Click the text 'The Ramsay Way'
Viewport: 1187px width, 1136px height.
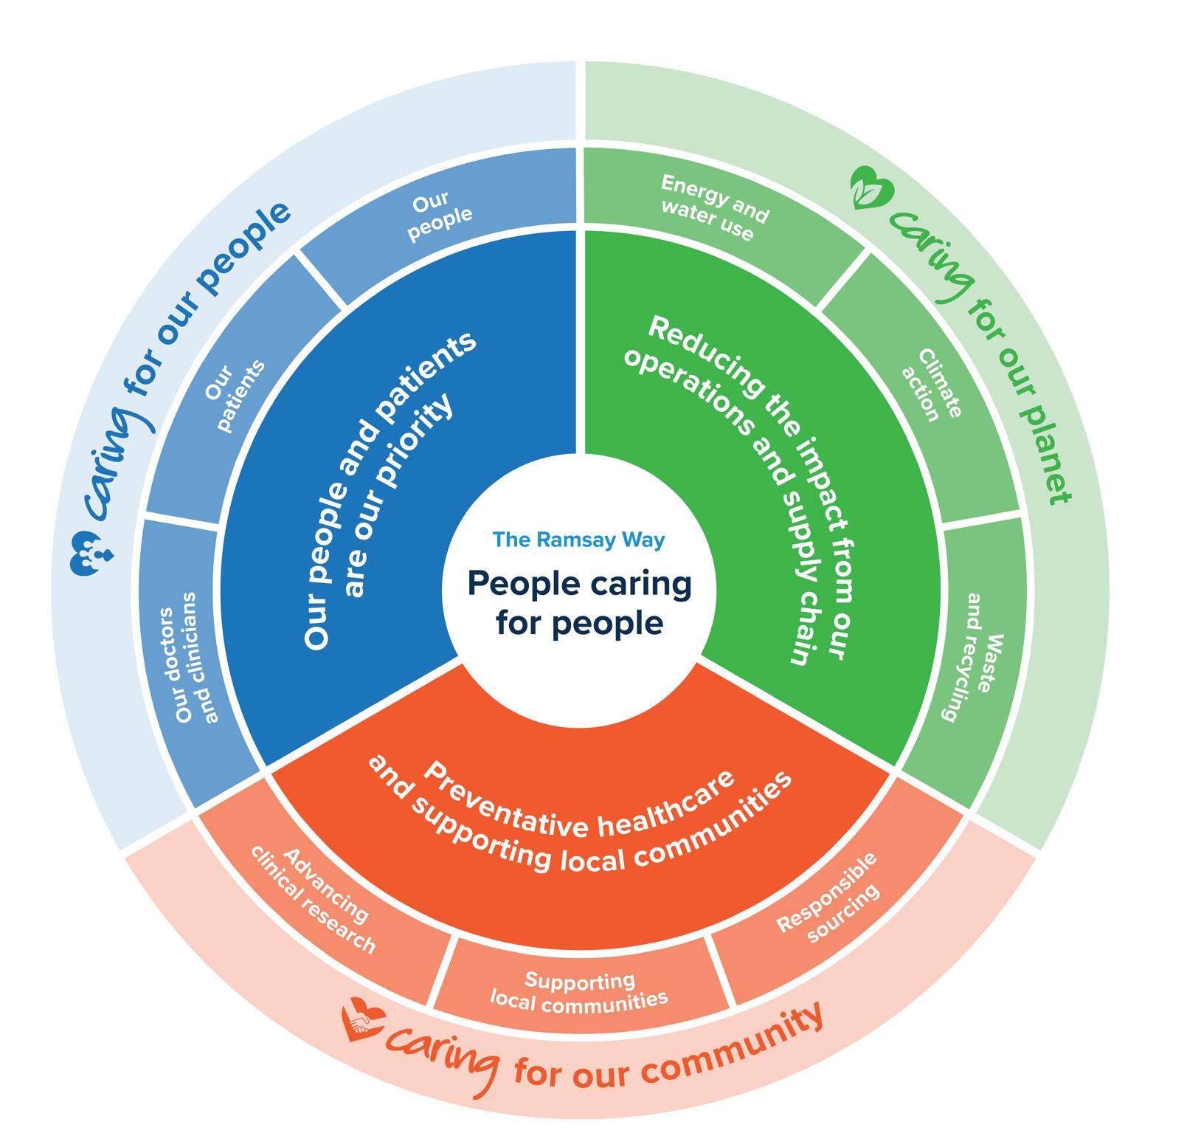click(x=578, y=540)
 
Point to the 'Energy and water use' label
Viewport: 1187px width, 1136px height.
click(x=712, y=207)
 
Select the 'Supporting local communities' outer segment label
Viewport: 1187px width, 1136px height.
click(x=578, y=991)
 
